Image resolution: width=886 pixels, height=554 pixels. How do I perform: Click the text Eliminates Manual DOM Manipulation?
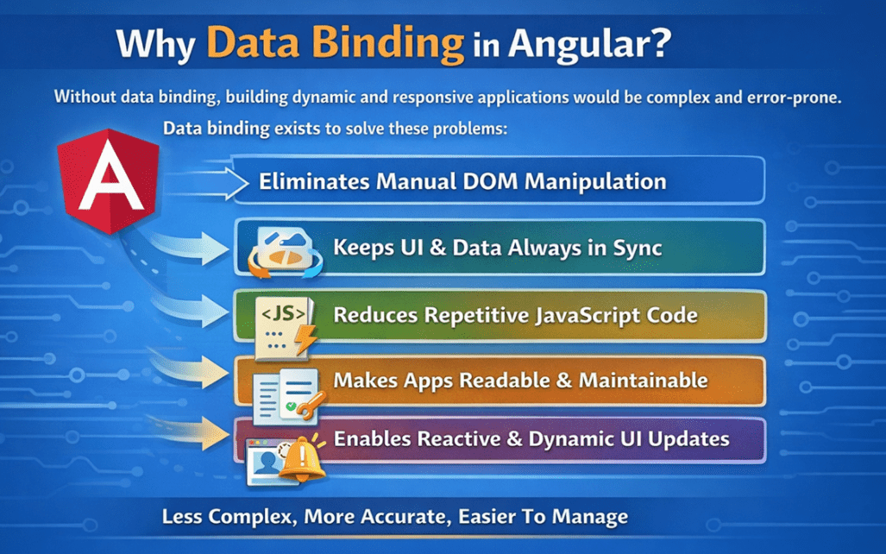462,182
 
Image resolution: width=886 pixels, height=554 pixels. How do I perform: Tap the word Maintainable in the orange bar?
643,380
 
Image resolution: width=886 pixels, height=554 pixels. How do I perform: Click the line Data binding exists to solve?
336,129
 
